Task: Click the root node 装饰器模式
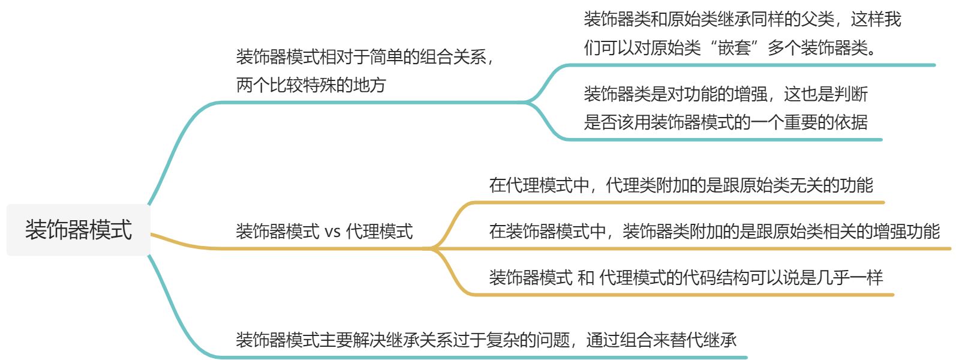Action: click(x=78, y=230)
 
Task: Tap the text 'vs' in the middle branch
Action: click(x=332, y=232)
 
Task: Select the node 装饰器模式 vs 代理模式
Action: click(x=324, y=232)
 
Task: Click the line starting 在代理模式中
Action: click(x=681, y=185)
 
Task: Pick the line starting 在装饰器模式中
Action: click(x=714, y=231)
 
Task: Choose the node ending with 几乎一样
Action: click(x=686, y=277)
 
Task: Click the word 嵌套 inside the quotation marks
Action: click(x=734, y=48)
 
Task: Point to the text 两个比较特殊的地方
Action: click(x=311, y=85)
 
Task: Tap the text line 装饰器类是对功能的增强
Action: click(x=726, y=94)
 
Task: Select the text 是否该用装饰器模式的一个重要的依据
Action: click(x=726, y=122)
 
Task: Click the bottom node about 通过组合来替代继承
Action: click(x=486, y=340)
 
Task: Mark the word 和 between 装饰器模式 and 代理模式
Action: click(x=586, y=277)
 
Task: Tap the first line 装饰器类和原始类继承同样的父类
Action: click(x=742, y=20)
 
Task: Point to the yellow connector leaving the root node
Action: click(x=180, y=243)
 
